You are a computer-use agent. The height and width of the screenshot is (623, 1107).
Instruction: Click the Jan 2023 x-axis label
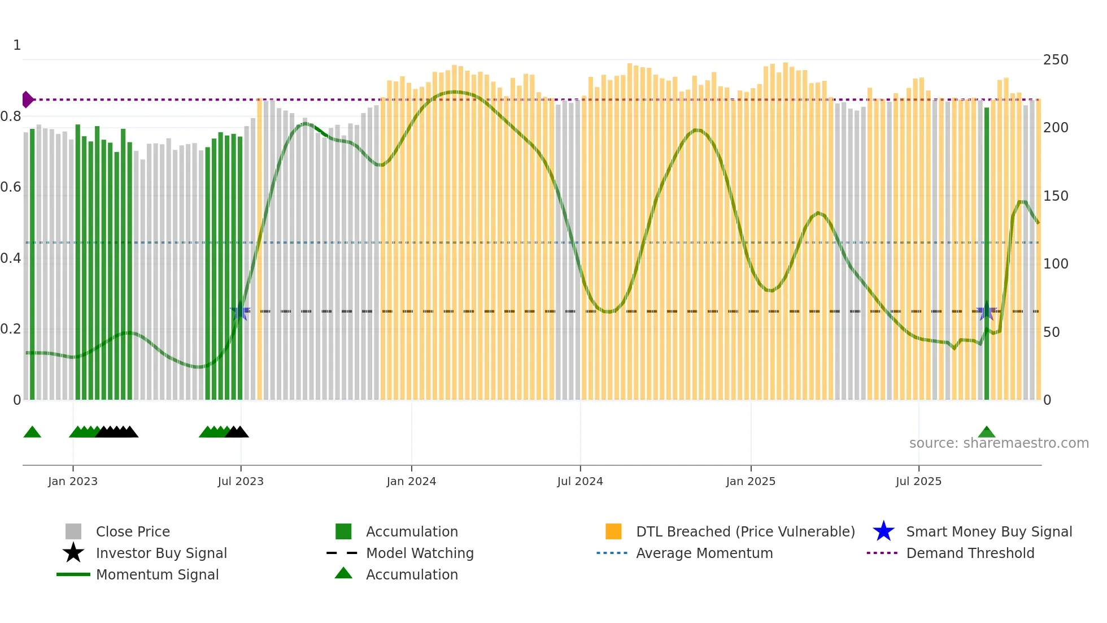point(73,481)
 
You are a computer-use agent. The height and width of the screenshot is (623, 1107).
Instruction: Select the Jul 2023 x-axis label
point(241,481)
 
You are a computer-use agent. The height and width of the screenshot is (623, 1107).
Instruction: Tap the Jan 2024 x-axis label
point(411,481)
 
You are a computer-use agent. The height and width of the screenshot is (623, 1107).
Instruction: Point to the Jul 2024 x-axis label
point(580,481)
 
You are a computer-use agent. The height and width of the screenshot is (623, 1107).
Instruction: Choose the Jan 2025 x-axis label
point(751,481)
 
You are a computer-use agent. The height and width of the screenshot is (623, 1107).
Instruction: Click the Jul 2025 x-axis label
point(918,481)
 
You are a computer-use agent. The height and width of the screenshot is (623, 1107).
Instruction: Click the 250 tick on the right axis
point(1056,60)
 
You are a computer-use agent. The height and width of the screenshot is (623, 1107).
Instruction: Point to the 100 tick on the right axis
point(1056,264)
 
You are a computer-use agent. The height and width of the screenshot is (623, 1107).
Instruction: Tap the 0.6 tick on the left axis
point(11,187)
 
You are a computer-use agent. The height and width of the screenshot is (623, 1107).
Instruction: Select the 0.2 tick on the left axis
point(11,329)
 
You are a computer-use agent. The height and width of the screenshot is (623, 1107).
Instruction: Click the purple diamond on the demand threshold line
point(27,99)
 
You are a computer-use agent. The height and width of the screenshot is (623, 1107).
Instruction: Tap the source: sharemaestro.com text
point(999,443)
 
